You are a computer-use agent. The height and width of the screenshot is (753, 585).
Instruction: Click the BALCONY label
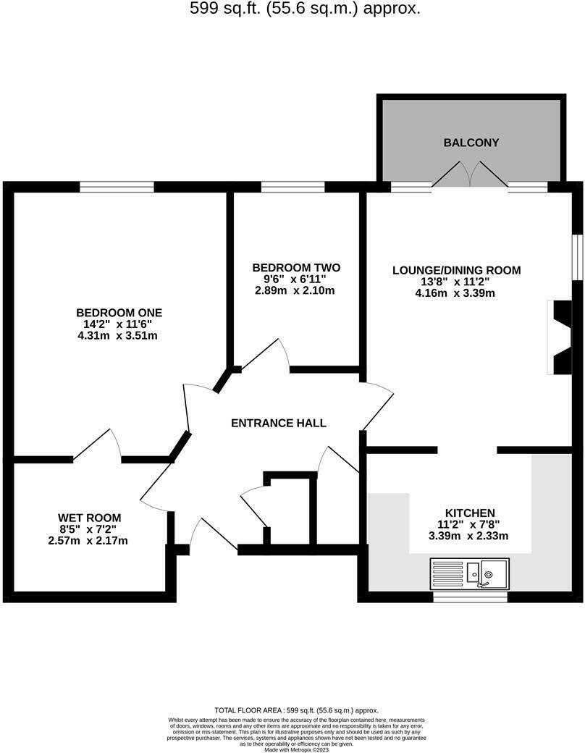pos(471,143)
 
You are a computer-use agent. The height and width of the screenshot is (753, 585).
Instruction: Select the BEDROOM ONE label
pos(119,313)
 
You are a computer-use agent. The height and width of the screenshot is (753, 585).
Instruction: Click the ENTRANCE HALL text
pos(279,423)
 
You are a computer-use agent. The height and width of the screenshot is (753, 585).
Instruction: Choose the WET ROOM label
pos(90,518)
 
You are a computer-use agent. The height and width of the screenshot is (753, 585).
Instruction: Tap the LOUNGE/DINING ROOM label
pos(456,270)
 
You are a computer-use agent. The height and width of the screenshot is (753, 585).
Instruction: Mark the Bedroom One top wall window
pos(117,187)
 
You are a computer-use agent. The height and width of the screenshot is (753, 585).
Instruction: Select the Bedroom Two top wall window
pos(292,187)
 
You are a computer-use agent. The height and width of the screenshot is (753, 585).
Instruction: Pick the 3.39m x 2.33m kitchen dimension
pos(470,536)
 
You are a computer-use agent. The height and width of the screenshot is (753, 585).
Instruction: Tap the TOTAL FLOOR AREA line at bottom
pos(296,710)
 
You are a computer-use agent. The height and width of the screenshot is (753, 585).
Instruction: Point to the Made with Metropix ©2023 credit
pos(296,750)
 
